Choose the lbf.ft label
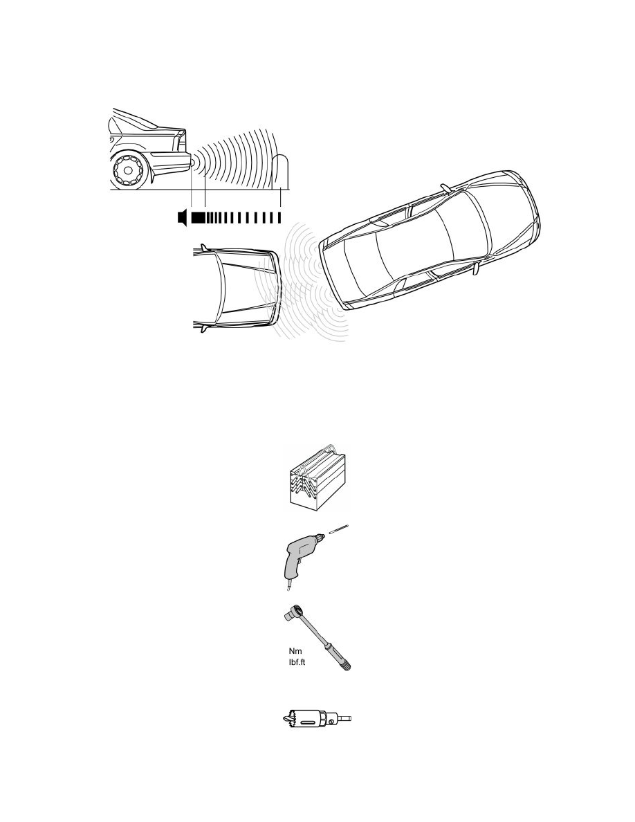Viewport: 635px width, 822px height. pyautogui.click(x=297, y=663)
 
